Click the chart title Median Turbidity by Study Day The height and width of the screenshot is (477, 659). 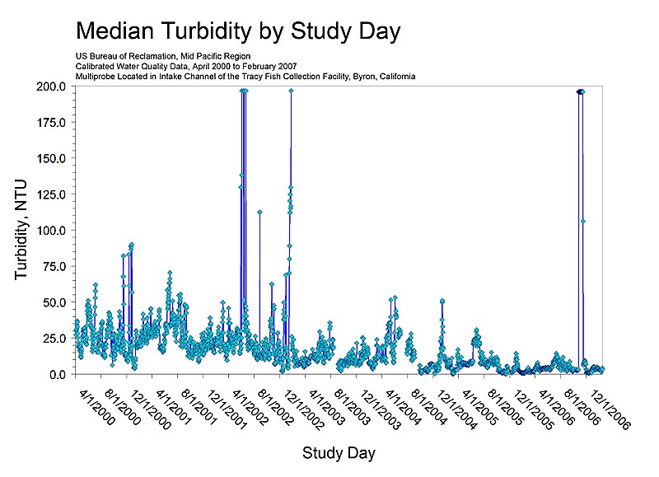[x=238, y=31]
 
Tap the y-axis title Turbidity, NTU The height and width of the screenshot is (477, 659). [x=22, y=229]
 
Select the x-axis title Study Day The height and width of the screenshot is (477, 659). [x=340, y=452]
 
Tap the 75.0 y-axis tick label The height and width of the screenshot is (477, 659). [x=54, y=266]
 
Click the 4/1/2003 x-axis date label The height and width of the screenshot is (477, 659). [x=327, y=403]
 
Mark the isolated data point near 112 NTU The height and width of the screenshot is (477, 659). [x=259, y=212]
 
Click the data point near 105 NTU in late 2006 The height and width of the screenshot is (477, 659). [x=582, y=221]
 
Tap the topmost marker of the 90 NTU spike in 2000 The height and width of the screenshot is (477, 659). [x=131, y=245]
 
